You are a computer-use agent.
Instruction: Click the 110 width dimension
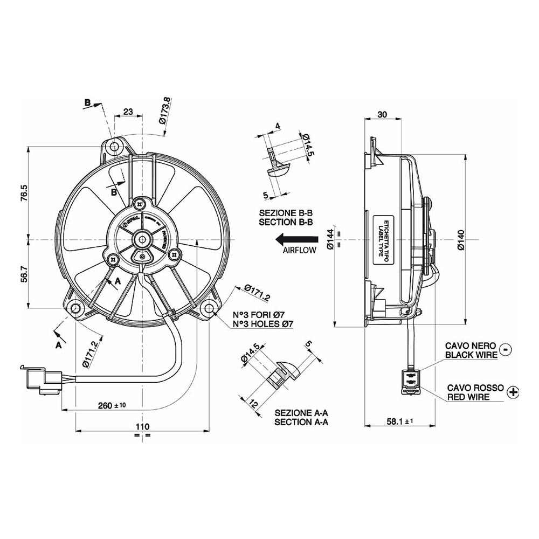pyautogui.click(x=141, y=426)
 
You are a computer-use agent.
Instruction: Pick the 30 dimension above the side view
pyautogui.click(x=382, y=114)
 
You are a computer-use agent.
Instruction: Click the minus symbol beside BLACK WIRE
pyautogui.click(x=506, y=349)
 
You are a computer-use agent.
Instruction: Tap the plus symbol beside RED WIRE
pyautogui.click(x=514, y=392)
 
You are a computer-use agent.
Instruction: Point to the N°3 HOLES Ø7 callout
pyautogui.click(x=262, y=324)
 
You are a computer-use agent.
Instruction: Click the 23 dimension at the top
pyautogui.click(x=128, y=112)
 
